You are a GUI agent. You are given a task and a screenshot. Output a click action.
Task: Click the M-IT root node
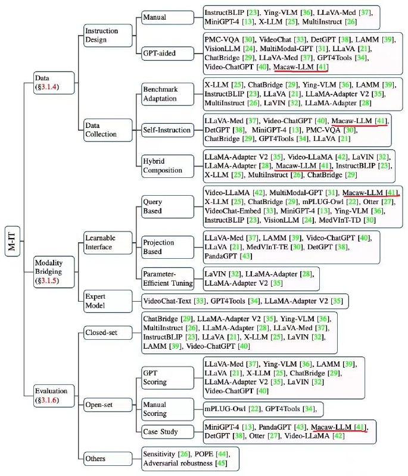coord(12,241)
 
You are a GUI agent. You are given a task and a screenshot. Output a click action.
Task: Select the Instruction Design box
coord(108,35)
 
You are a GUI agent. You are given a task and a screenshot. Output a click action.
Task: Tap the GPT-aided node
coord(167,53)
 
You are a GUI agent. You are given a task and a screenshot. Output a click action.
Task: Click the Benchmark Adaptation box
coord(167,94)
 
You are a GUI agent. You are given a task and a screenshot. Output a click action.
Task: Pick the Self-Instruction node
coord(167,130)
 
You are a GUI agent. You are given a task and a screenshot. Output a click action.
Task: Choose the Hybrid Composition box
coord(167,166)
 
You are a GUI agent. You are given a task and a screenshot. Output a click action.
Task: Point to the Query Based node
coord(167,206)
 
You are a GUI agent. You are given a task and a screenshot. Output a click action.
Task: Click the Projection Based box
coord(167,247)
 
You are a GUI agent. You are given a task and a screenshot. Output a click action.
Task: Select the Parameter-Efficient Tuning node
coord(167,278)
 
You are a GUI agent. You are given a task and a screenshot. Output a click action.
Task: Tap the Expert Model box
coord(108,301)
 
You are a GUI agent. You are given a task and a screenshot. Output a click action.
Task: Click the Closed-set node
coord(108,333)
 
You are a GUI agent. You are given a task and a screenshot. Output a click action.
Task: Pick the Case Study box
coord(167,431)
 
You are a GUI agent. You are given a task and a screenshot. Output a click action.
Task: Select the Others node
coord(108,458)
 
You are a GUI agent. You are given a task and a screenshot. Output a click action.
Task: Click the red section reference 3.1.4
coord(49,87)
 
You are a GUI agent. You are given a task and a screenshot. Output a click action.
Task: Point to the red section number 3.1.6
coord(49,400)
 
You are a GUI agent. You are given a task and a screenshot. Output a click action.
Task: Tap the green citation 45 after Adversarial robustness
coord(221,464)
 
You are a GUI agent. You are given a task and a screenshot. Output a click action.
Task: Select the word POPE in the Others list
coord(204,454)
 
